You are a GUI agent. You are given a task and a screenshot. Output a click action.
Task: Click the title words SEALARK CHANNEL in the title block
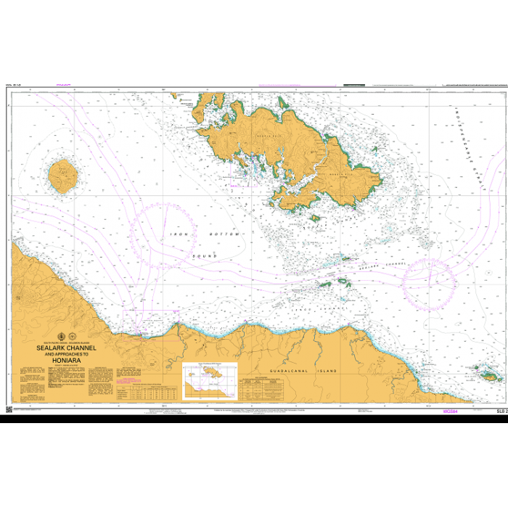pyautogui.click(x=66, y=348)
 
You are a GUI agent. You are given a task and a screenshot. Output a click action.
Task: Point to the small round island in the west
pyautogui.click(x=62, y=176)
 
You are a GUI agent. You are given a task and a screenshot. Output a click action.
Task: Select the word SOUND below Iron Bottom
pyautogui.click(x=205, y=257)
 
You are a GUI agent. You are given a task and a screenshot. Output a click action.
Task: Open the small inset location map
pyautogui.click(x=210, y=380)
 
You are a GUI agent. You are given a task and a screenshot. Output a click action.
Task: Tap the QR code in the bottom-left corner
pyautogui.click(x=9, y=410)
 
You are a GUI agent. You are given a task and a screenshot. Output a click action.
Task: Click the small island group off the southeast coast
pyautogui.click(x=484, y=374)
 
